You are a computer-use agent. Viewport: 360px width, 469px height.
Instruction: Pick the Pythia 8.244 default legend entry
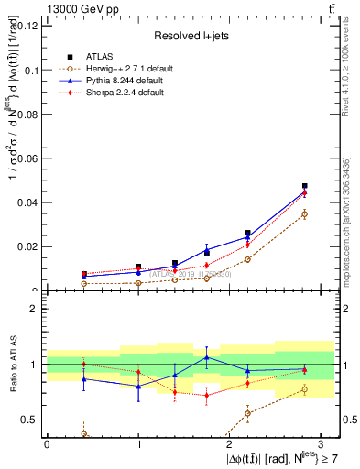(125, 80)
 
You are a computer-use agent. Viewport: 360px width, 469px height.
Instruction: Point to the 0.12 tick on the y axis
(26, 26)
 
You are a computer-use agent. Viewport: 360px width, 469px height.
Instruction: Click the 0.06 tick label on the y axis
(26, 158)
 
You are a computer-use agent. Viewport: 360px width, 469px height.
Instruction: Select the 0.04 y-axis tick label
(26, 202)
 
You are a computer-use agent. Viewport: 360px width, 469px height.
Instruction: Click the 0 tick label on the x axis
(47, 443)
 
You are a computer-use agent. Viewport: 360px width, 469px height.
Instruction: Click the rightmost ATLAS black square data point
(304, 186)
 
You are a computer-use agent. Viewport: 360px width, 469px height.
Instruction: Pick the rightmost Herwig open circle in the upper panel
(304, 214)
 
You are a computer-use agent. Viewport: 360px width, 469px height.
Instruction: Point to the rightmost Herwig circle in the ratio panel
(304, 389)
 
